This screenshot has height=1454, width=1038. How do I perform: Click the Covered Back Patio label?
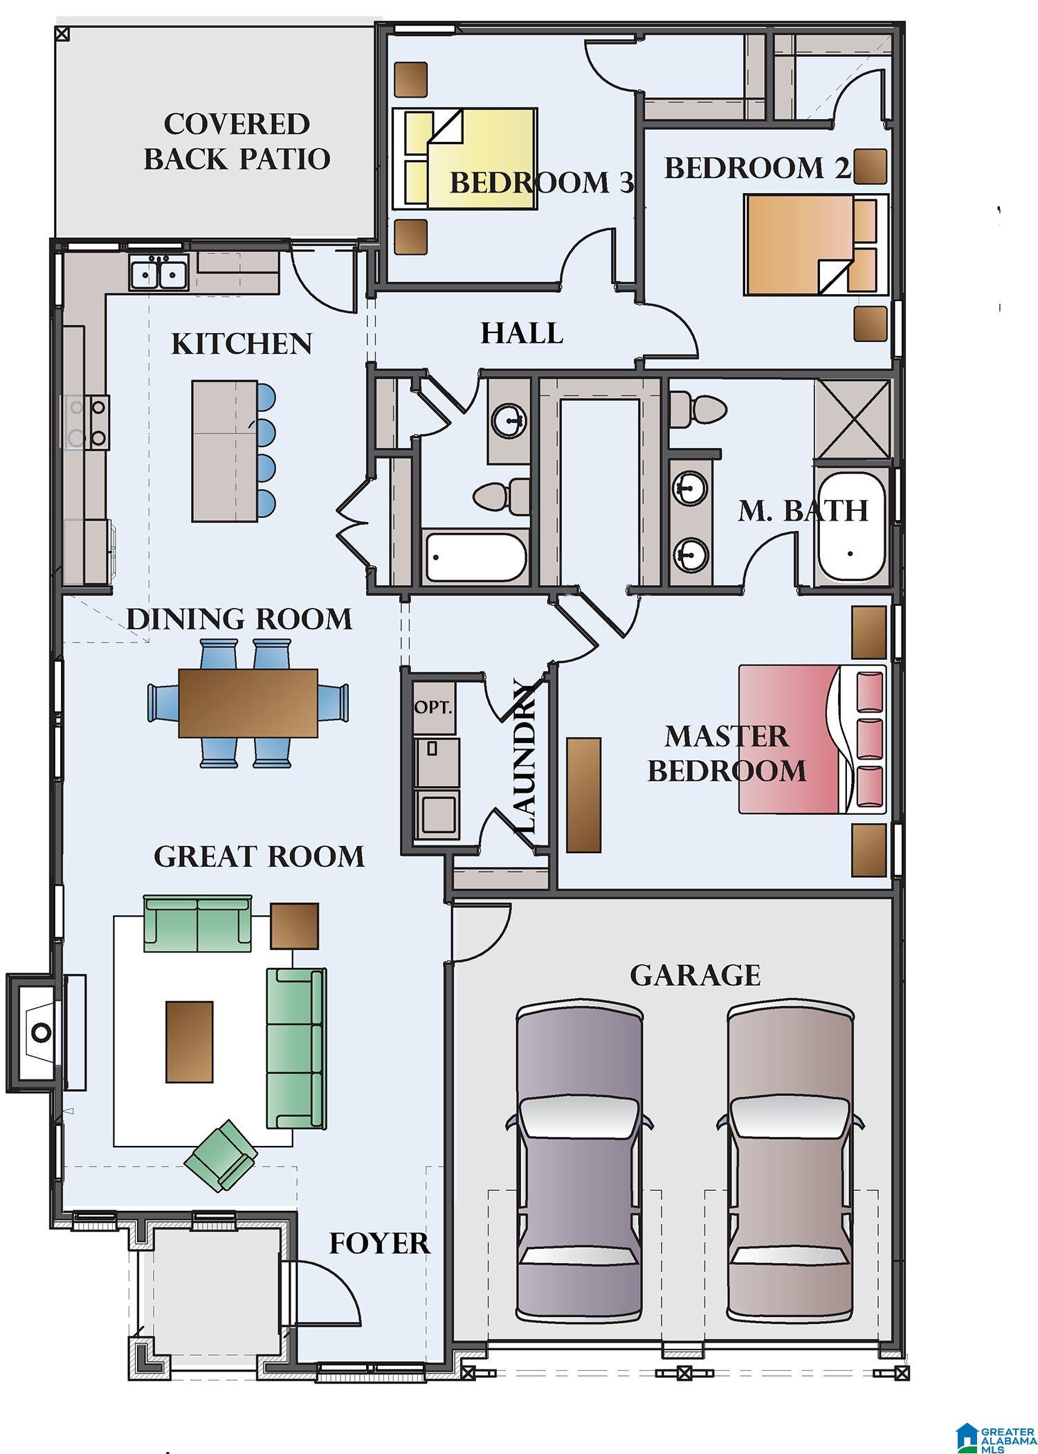(x=237, y=141)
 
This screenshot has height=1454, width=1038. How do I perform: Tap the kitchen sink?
(x=158, y=271)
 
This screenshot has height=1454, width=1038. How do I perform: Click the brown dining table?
(x=248, y=703)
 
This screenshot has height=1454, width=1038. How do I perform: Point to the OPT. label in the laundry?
(x=433, y=708)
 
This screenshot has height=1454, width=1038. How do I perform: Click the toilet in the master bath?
(x=698, y=410)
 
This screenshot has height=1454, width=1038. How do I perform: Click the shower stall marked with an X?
(x=852, y=419)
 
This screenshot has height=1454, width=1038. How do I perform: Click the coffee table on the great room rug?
(x=189, y=1041)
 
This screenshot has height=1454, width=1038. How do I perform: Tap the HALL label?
(x=522, y=333)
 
